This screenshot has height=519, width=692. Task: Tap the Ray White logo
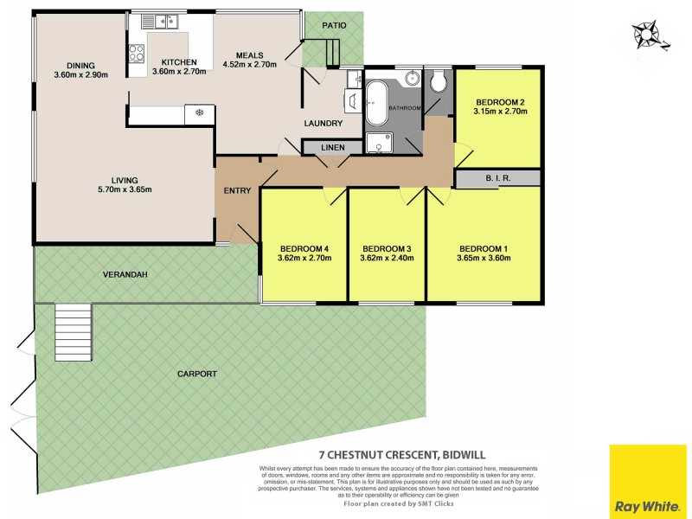coord(648,481)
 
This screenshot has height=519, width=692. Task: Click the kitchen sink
coord(160,21)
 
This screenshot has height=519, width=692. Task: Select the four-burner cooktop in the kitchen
coord(137,53)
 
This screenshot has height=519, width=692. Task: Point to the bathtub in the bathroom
coord(377,103)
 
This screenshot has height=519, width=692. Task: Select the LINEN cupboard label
coord(333,148)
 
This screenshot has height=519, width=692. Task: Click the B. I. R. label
coord(498,179)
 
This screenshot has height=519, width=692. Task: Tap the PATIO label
coord(334,25)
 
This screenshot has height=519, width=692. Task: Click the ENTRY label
coord(236,190)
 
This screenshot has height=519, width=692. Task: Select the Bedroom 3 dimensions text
coord(386,257)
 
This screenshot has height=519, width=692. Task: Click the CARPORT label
coord(196,374)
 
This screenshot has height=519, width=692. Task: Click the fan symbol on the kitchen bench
coord(200,112)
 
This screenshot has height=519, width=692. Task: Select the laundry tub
coord(353,101)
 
